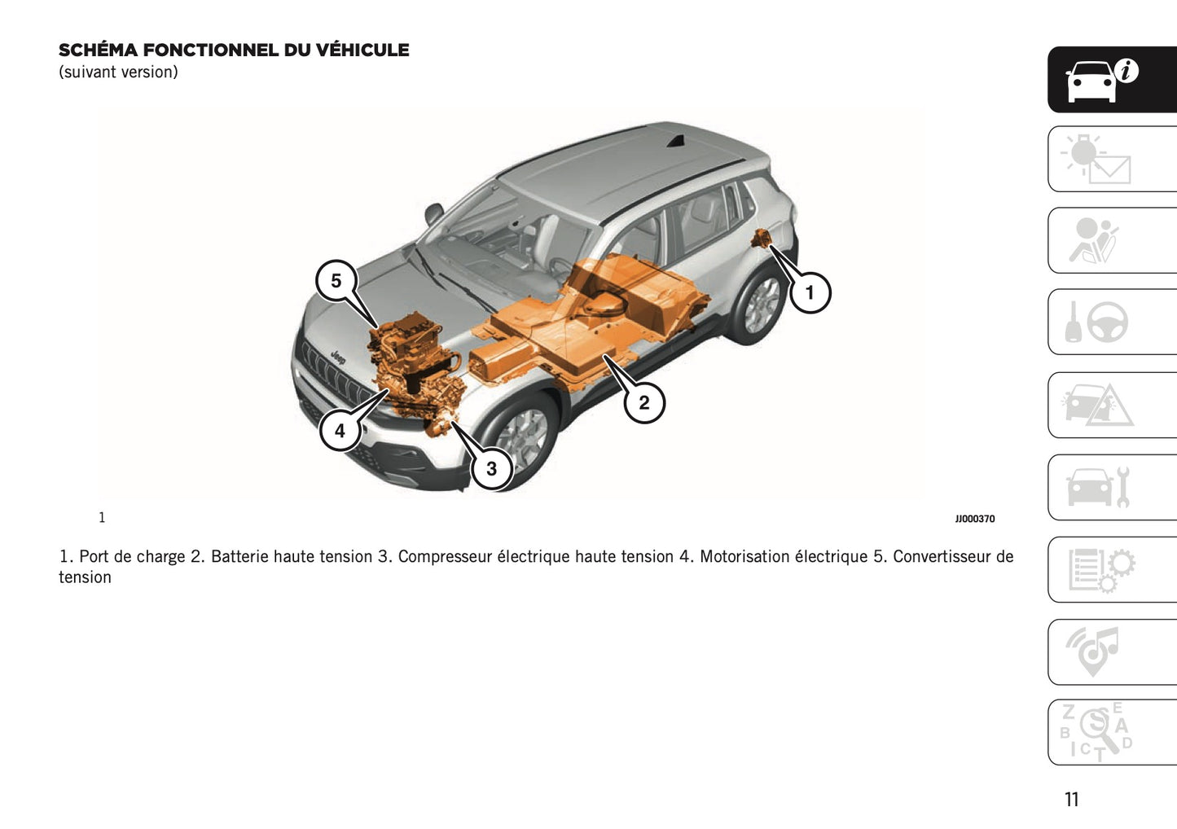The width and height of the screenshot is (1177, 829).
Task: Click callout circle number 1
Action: [810, 292]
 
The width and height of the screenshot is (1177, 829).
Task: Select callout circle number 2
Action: [644, 402]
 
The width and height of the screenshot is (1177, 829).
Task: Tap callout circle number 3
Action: [491, 468]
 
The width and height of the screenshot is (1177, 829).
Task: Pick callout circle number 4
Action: [340, 430]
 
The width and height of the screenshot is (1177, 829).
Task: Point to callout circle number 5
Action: [336, 281]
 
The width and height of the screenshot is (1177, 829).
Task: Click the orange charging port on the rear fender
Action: [762, 239]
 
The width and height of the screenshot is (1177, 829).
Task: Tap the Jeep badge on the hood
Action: [337, 356]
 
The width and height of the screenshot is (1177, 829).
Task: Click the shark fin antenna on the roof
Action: [675, 143]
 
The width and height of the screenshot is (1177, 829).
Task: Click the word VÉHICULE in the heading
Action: [362, 50]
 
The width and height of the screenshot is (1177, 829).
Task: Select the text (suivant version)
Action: [118, 72]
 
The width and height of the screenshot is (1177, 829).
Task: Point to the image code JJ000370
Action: [974, 519]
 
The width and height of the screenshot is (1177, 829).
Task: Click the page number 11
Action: [1071, 799]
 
